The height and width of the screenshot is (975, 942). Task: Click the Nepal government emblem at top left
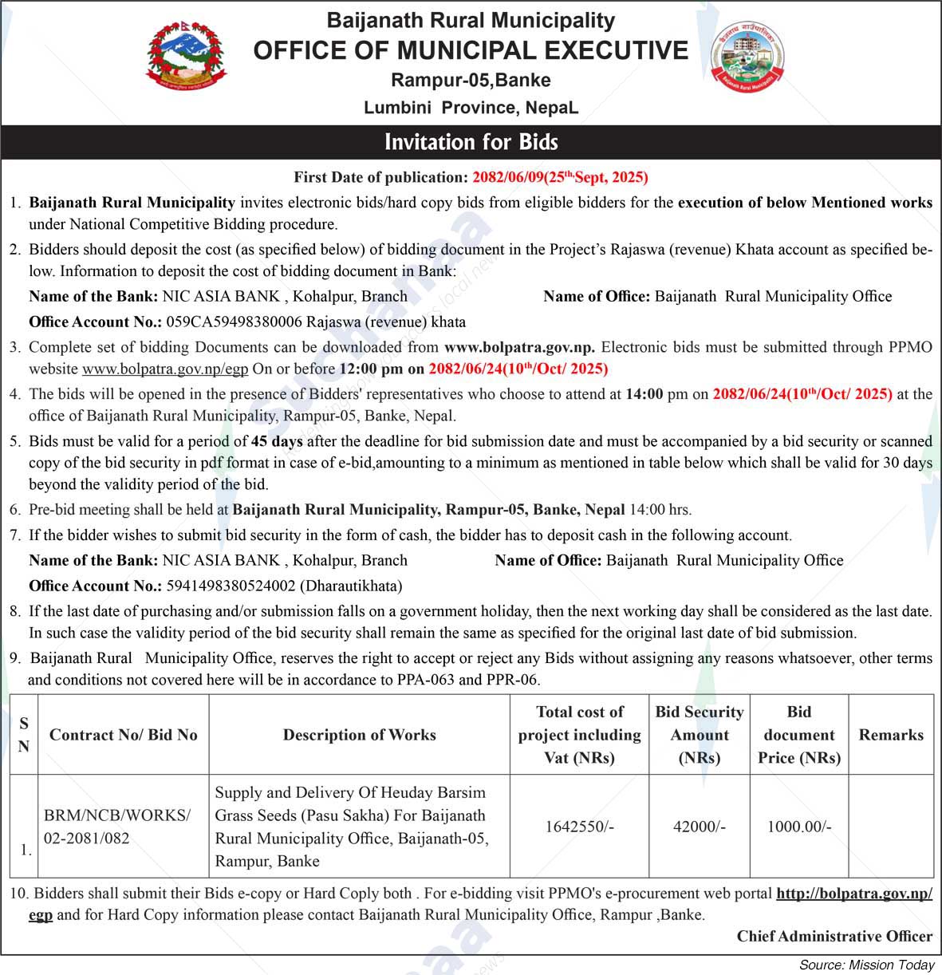click(186, 57)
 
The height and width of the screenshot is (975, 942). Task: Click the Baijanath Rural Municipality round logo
click(747, 56)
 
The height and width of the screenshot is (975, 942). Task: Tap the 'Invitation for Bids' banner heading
click(471, 142)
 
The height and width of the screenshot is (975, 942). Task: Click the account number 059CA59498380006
click(234, 322)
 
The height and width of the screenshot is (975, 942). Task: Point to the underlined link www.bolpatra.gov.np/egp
click(165, 369)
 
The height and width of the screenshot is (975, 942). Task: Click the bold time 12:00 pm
click(372, 369)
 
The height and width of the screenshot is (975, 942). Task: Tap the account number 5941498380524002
click(231, 586)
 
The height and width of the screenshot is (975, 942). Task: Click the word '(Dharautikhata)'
click(351, 586)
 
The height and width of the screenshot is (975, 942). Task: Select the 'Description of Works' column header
click(359, 735)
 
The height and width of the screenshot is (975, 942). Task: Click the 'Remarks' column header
click(891, 735)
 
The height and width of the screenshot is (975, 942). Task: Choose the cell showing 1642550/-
click(579, 827)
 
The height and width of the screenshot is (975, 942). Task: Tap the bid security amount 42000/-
click(699, 827)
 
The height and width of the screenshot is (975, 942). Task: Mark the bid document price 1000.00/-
click(798, 827)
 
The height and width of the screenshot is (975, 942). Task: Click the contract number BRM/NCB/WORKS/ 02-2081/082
click(117, 827)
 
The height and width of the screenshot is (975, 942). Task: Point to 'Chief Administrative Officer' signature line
click(834, 936)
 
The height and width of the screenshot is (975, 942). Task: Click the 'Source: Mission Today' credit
click(866, 965)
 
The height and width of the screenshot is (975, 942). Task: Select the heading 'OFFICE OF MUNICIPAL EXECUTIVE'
click(471, 50)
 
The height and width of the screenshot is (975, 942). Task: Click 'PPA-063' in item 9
click(425, 680)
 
